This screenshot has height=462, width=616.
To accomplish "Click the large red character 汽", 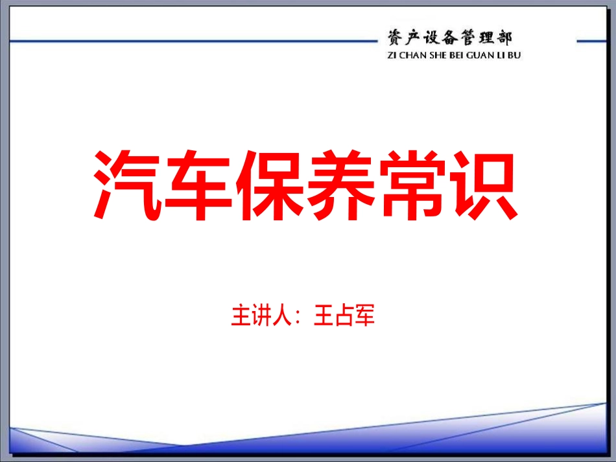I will pos(128,187).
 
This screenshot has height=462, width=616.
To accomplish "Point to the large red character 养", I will pos(342,187).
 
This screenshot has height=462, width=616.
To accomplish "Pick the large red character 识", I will pos(484,187).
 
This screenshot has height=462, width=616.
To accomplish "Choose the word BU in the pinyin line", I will pos(514,55).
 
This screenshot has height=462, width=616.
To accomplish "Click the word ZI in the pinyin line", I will pos(391,55).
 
